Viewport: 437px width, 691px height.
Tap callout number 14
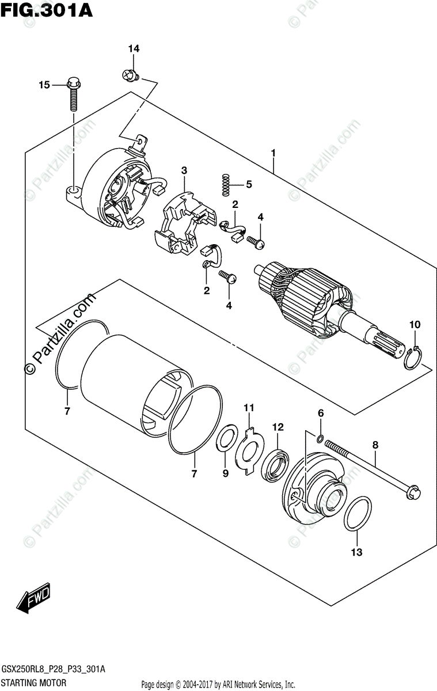(x=134, y=49)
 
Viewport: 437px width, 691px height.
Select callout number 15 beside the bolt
(x=44, y=85)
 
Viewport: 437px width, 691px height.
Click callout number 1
(x=273, y=154)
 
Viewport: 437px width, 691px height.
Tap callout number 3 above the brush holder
(x=184, y=170)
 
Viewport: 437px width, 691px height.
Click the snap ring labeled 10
(x=412, y=362)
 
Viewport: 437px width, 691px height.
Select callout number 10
(x=415, y=325)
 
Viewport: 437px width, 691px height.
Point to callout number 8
(x=375, y=445)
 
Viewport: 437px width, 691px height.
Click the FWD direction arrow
(x=34, y=601)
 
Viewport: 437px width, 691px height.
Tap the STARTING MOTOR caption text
(x=35, y=682)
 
